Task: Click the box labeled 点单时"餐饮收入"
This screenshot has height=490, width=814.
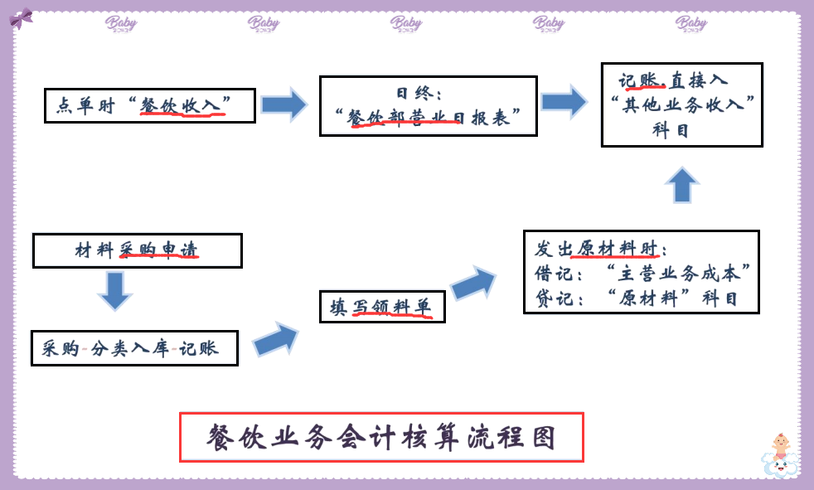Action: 149,105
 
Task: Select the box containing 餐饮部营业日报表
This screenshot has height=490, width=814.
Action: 428,105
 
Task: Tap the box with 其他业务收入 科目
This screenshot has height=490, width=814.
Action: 681,104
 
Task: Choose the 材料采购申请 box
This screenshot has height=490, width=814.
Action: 137,250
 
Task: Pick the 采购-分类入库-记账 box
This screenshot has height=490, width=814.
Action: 134,348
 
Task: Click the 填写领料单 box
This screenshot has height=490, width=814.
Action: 382,307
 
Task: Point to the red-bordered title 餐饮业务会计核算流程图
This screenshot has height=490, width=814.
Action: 382,437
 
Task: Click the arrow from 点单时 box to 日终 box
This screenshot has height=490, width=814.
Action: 283,104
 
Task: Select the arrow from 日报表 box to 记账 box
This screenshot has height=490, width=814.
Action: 564,102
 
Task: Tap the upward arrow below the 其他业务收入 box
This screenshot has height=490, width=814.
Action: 682,184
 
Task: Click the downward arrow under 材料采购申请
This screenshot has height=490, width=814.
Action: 114,290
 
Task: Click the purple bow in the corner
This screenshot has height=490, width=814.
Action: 21,17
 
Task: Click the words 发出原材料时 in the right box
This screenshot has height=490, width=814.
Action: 602,249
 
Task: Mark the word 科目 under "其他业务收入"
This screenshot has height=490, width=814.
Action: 671,130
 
